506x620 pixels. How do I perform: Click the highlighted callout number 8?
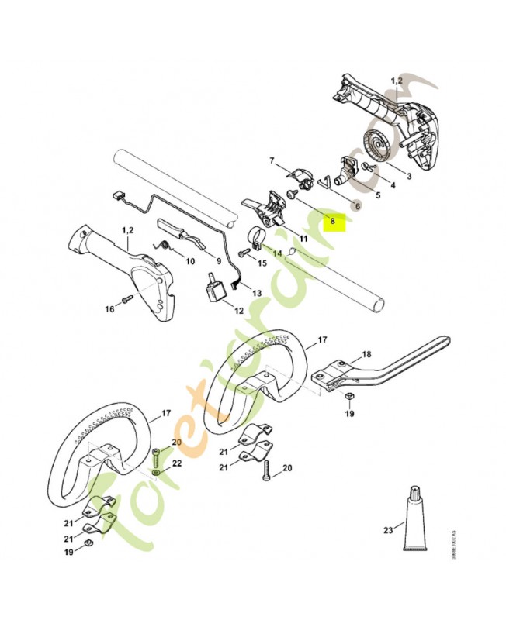click(x=333, y=221)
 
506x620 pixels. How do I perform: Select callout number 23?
click(x=388, y=531)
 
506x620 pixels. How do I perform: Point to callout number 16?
click(x=109, y=309)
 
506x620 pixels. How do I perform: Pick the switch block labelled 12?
click(x=214, y=291)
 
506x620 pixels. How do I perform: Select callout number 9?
click(x=218, y=261)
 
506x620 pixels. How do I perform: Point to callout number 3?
click(x=408, y=177)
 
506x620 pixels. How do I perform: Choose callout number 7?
click(x=272, y=160)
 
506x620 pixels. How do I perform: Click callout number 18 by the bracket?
click(x=366, y=354)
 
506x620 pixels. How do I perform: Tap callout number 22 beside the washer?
click(x=176, y=463)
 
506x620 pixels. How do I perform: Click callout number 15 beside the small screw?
click(x=262, y=263)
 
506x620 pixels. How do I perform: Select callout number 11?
click(x=303, y=239)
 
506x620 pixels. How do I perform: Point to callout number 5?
click(x=377, y=195)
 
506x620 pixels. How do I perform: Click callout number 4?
click(x=393, y=185)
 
